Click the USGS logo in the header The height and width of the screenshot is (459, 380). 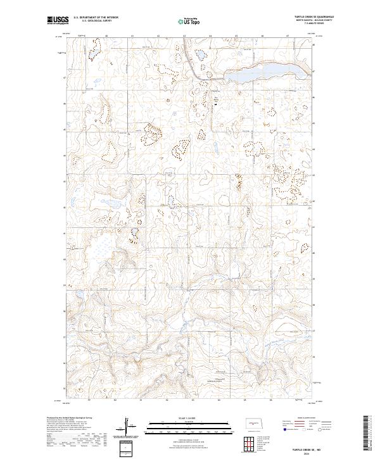click(57, 20)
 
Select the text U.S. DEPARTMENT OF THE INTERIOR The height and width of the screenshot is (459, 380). click(96, 17)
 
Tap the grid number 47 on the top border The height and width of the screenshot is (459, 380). click(288, 37)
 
